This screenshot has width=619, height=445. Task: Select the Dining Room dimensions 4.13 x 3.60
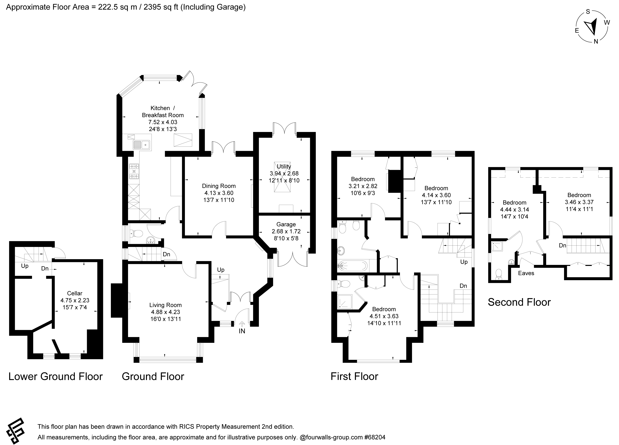(219, 193)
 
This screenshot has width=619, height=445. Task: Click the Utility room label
(284, 166)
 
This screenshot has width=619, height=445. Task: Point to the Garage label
(286, 224)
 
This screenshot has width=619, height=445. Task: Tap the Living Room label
(165, 305)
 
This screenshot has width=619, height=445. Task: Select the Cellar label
(75, 293)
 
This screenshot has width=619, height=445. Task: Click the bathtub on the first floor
(353, 265)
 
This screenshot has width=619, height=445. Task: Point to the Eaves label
(526, 273)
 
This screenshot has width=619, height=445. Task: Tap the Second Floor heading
(519, 302)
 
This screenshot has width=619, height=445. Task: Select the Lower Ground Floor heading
(55, 376)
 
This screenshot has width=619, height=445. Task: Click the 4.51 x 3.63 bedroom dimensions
(384, 316)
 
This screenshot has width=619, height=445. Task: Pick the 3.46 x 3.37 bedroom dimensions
(579, 202)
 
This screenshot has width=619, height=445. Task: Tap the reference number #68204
(375, 437)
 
